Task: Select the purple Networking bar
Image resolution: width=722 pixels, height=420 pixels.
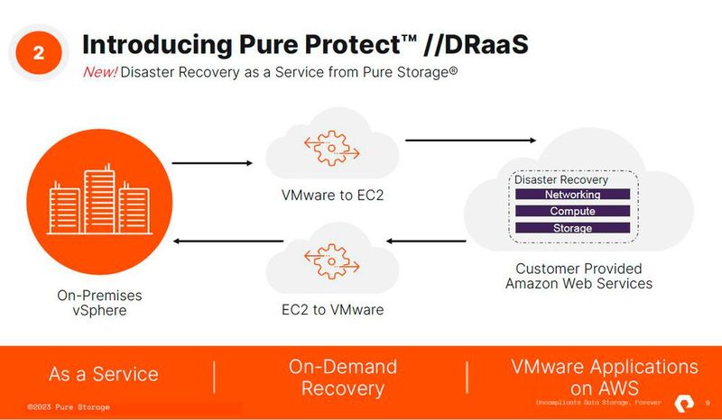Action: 572,195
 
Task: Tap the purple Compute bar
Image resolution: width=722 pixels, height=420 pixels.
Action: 572,211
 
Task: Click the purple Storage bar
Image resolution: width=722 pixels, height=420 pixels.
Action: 572,228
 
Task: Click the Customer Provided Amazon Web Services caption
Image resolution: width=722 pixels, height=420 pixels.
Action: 579,276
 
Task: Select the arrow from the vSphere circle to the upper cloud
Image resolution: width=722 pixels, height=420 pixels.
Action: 212,163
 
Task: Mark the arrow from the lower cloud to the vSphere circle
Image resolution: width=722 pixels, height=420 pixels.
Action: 228,241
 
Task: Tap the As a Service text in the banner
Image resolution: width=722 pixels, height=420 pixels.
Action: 103,374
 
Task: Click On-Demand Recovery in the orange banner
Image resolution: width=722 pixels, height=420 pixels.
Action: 342,378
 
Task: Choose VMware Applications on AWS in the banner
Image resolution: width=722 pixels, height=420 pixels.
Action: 604,378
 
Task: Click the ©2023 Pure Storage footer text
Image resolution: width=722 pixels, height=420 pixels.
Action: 69,407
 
